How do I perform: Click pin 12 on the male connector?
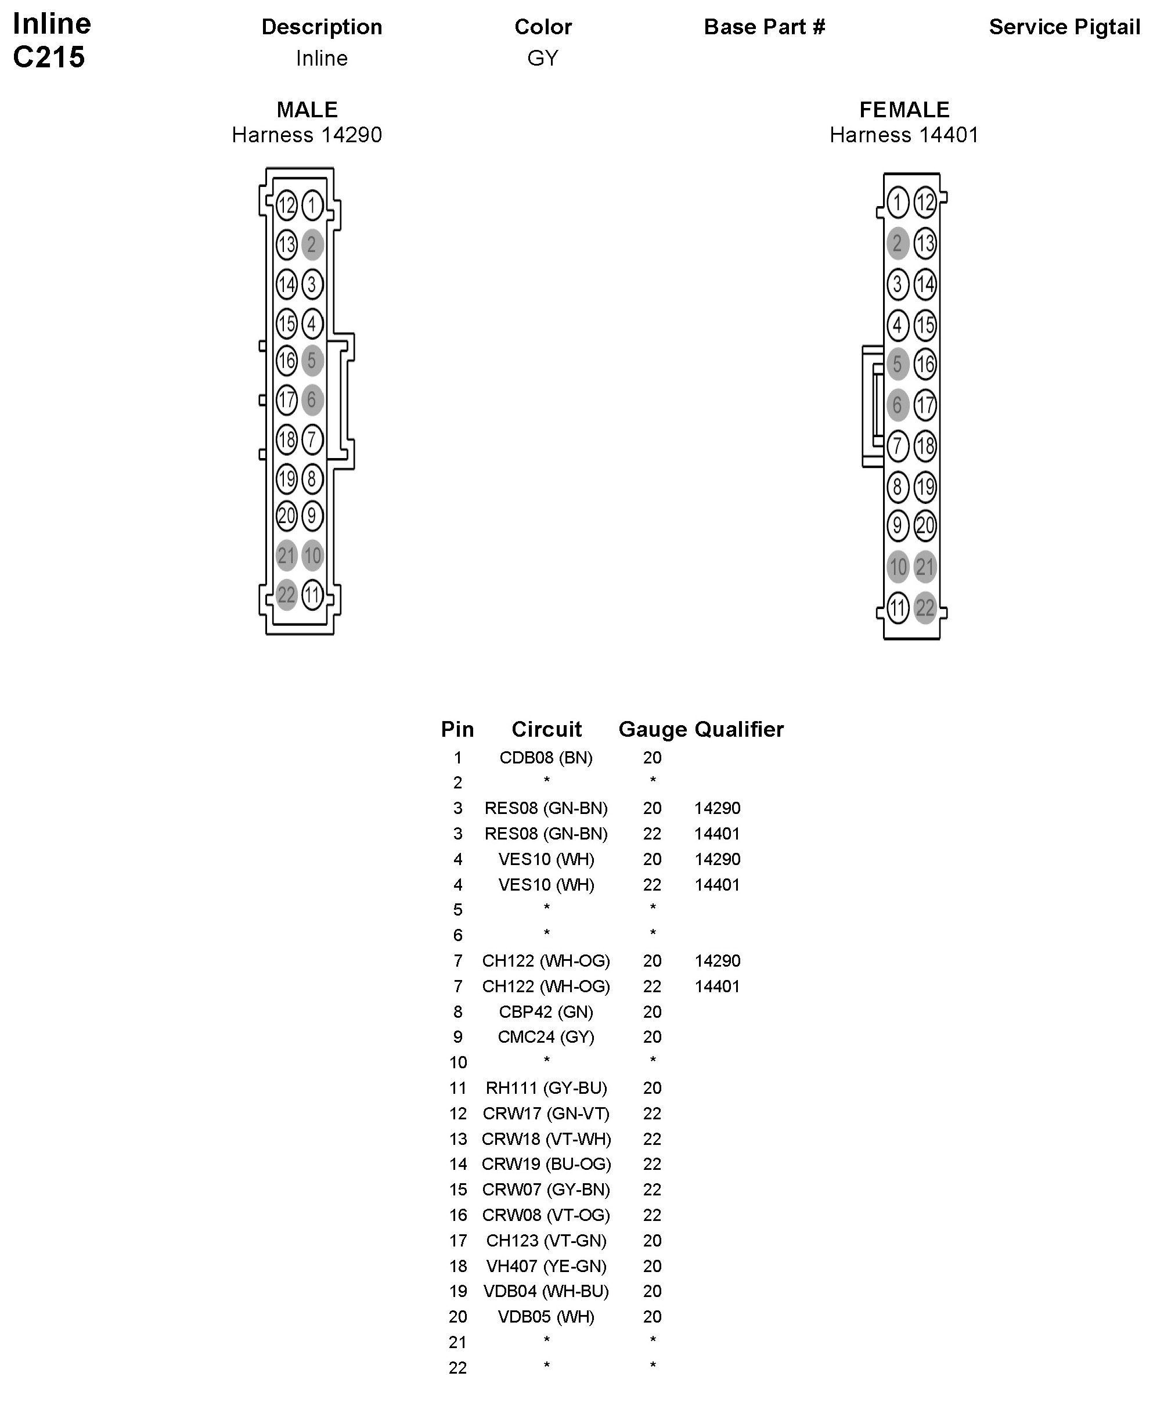pyautogui.click(x=286, y=205)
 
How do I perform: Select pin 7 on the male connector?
pyautogui.click(x=312, y=439)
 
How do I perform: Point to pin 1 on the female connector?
pyautogui.click(x=898, y=202)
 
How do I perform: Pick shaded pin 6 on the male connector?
pyautogui.click(x=312, y=400)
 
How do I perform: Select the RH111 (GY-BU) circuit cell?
pyautogui.click(x=546, y=1088)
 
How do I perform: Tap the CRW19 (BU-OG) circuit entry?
pyautogui.click(x=546, y=1164)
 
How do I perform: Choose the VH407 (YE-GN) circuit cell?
pyautogui.click(x=546, y=1266)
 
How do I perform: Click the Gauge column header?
pyautogui.click(x=652, y=729)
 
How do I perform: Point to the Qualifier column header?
pyautogui.click(x=739, y=729)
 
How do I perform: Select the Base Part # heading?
pyautogui.click(x=764, y=27)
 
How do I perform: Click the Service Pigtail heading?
pyautogui.click(x=1064, y=27)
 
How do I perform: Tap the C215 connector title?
pyautogui.click(x=49, y=57)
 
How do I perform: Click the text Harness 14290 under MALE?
pyautogui.click(x=307, y=135)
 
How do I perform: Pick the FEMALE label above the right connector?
pyautogui.click(x=904, y=110)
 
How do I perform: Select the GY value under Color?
pyautogui.click(x=543, y=58)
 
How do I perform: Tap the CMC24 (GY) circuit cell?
pyautogui.click(x=546, y=1037)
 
